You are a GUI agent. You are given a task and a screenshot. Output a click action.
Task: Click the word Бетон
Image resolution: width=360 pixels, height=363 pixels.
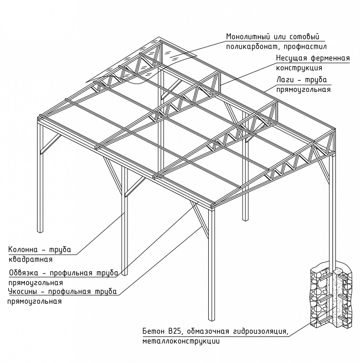152,331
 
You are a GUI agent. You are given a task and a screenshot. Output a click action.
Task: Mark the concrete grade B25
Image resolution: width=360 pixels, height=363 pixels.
176,331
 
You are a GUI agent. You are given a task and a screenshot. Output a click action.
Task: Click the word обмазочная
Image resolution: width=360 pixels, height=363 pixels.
208,331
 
